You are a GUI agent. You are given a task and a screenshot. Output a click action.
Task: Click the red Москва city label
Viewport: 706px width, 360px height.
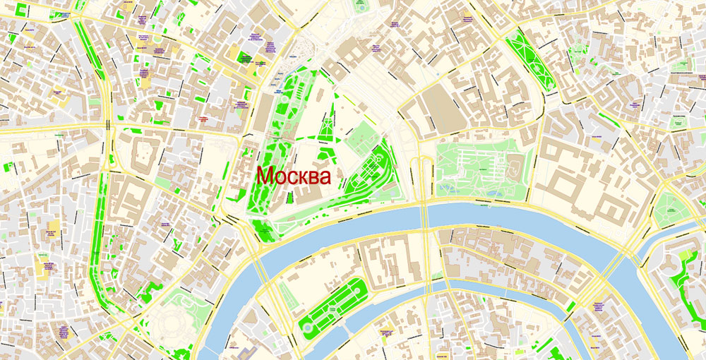[293, 176]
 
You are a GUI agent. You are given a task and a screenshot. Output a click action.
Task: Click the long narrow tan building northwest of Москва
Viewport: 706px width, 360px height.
[263, 113]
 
